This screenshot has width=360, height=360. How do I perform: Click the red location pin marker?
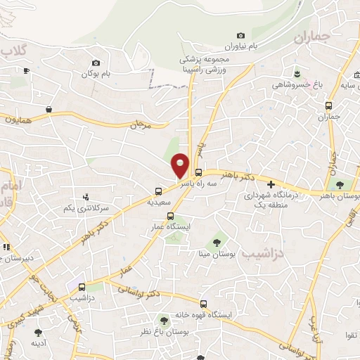click(181, 165)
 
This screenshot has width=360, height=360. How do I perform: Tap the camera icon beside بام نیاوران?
click(241, 35)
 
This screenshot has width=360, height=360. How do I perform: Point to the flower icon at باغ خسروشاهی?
click(296, 74)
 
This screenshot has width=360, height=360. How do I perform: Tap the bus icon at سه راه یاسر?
click(199, 172)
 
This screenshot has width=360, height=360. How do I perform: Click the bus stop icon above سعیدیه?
click(160, 191)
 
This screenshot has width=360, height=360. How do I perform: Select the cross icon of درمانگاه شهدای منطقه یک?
click(271, 184)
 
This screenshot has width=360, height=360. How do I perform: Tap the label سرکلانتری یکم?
click(86, 208)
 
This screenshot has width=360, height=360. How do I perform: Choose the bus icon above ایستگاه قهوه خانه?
click(203, 304)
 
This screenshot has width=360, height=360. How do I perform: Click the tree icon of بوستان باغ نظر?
click(165, 321)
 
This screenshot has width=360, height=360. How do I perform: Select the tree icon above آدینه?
click(38, 333)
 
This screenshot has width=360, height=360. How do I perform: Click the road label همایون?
click(17, 121)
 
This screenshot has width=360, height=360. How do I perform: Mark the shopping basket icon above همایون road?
click(49, 110)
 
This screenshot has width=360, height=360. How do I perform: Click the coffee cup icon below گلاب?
click(26, 70)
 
